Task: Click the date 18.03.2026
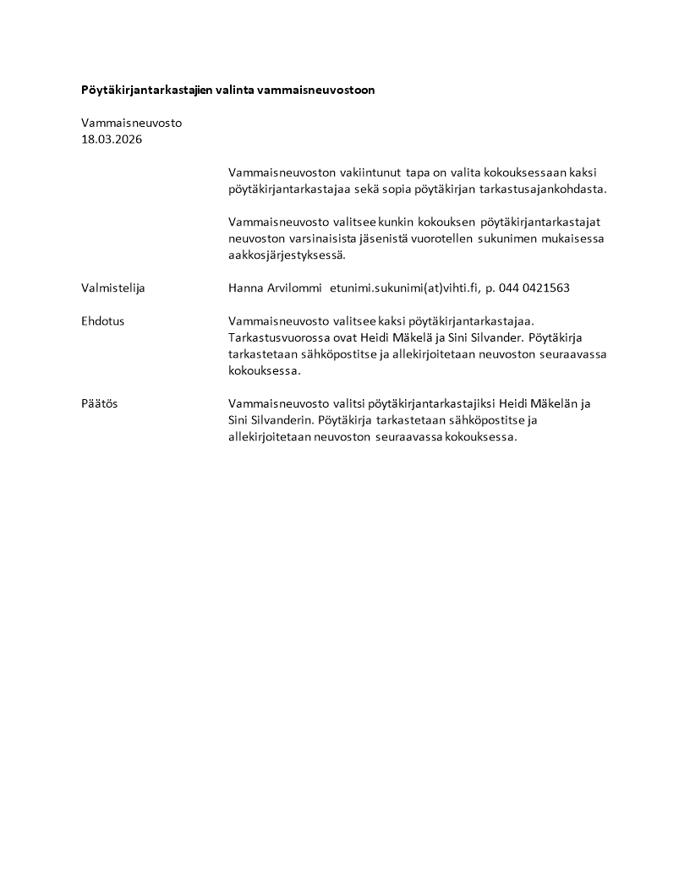click(x=112, y=140)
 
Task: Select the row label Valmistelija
click(x=113, y=288)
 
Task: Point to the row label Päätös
click(x=100, y=403)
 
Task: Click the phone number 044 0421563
click(x=534, y=288)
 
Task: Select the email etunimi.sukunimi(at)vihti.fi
click(x=403, y=288)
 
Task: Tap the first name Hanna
click(x=246, y=288)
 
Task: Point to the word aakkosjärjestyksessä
click(x=287, y=255)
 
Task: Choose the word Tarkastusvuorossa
click(x=279, y=337)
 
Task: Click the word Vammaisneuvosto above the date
click(x=131, y=123)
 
